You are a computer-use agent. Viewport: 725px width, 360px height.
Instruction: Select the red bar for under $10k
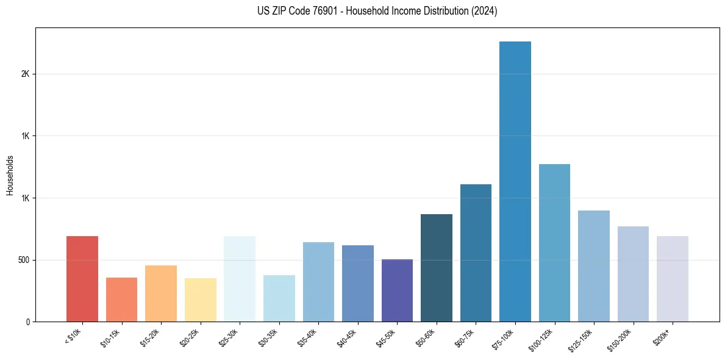coord(82,278)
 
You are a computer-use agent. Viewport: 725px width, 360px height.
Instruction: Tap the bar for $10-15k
coord(121,299)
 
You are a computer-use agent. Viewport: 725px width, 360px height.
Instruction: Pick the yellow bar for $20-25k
coord(200,300)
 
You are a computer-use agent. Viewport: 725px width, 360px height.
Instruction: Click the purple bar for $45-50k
coord(397,290)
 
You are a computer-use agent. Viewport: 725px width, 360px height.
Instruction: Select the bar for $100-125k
coord(554,243)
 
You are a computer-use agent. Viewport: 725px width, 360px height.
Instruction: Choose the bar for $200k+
coord(673,278)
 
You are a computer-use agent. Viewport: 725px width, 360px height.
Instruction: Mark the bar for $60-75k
coord(476,253)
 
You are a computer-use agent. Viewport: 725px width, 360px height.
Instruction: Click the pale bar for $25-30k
coord(240,278)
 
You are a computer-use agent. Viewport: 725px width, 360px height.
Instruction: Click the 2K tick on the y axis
coord(25,74)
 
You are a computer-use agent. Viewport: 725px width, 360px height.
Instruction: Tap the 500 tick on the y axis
coord(23,260)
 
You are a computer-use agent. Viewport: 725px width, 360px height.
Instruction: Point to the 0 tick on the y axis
coord(27,322)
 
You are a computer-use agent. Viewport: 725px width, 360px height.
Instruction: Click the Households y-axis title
coord(10,175)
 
